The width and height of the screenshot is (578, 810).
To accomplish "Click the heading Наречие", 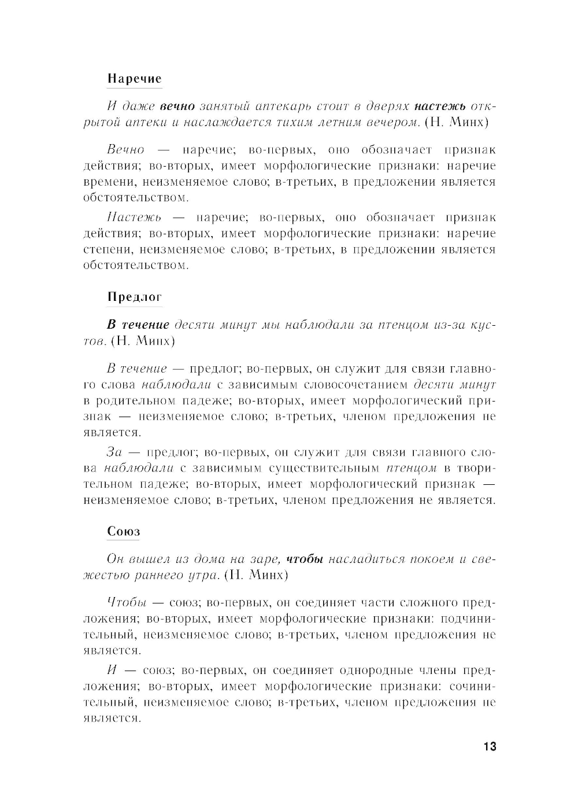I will (x=134, y=79).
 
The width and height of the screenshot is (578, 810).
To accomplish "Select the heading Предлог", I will (x=135, y=297).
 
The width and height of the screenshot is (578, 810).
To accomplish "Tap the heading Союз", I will (x=124, y=532).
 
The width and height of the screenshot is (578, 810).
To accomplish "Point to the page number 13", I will (x=489, y=747).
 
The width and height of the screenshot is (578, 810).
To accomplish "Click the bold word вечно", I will (x=177, y=106).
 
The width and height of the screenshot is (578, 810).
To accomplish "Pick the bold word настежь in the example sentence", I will (x=440, y=106).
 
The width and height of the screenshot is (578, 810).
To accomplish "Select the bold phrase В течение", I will (x=138, y=325).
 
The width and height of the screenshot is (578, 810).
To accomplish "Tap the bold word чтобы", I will (x=305, y=559).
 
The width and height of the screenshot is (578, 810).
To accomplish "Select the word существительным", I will (x=324, y=468).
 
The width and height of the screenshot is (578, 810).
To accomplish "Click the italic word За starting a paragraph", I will (x=114, y=452).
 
